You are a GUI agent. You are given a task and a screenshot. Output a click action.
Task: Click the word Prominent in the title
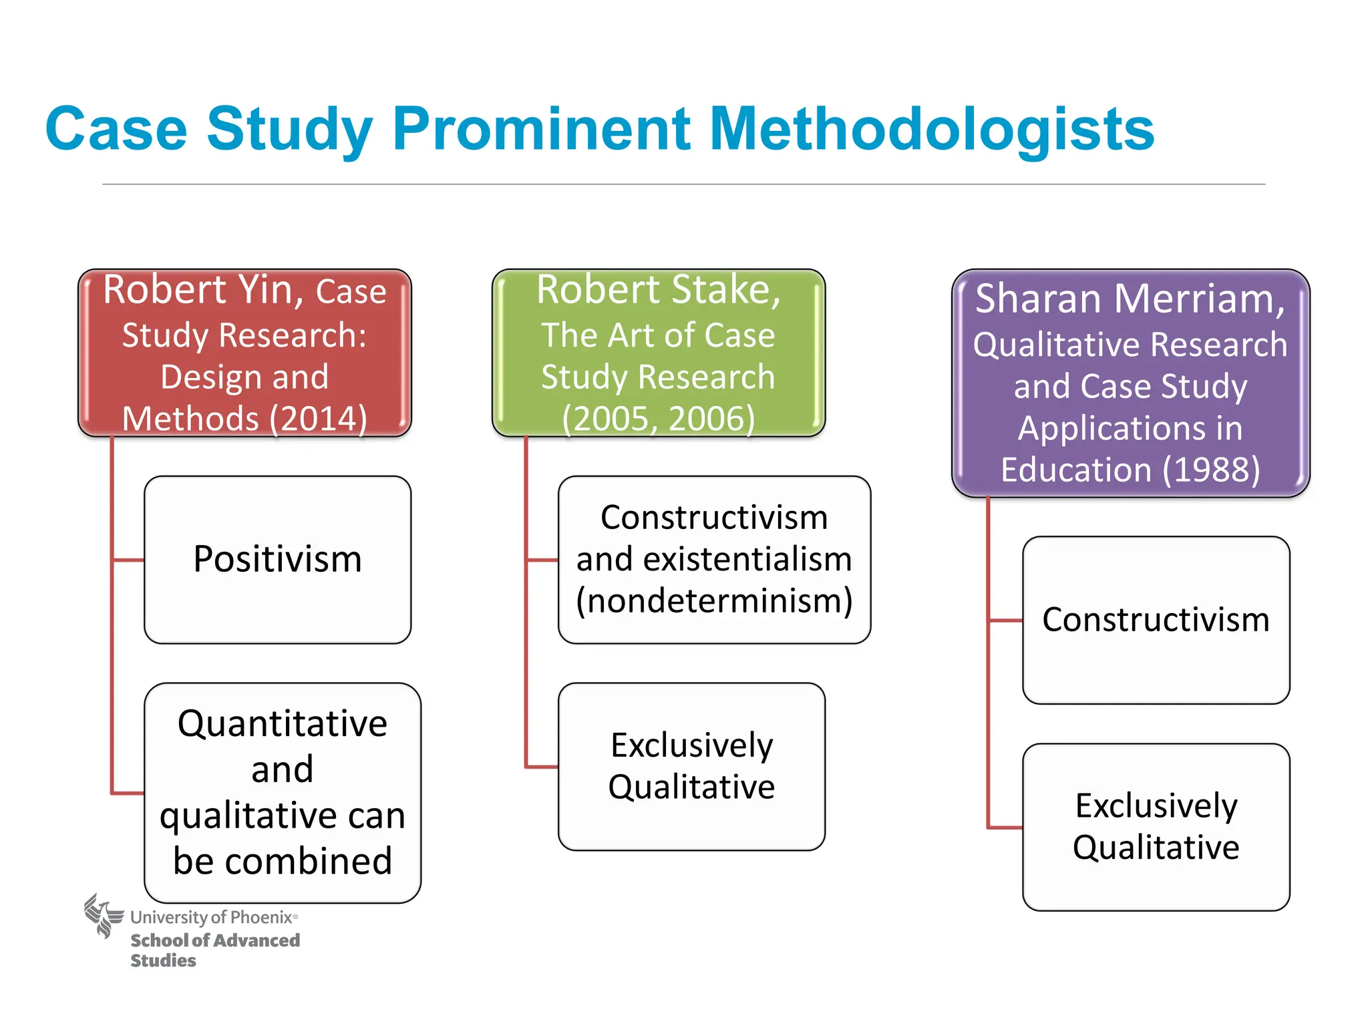541,128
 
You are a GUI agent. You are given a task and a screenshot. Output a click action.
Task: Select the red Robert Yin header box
244,353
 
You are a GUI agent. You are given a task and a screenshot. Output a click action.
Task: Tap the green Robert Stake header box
658,353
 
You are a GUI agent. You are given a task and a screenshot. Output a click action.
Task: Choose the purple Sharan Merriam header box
1130,383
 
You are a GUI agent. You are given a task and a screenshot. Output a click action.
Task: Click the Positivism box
277,560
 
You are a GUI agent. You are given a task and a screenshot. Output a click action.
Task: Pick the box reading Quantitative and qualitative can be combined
283,792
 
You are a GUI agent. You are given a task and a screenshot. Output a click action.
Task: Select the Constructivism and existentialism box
714,560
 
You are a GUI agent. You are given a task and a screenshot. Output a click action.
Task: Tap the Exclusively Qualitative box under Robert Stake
691,766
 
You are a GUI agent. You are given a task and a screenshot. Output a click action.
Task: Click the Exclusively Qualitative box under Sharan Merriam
1156,827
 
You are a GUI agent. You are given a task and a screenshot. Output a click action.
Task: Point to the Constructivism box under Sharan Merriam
1156,620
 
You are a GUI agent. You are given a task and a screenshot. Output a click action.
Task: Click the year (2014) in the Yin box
318,419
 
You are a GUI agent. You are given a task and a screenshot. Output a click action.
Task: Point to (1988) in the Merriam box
1211,470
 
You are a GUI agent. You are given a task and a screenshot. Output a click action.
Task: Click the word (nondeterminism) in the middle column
714,601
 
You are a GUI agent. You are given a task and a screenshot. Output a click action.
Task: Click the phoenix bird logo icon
103,915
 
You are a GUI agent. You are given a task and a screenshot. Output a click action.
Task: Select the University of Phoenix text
212,917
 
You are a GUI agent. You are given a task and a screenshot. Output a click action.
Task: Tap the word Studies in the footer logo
163,961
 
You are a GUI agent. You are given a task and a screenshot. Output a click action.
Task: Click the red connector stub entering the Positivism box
128,560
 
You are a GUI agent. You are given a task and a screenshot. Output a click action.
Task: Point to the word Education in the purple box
1075,470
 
